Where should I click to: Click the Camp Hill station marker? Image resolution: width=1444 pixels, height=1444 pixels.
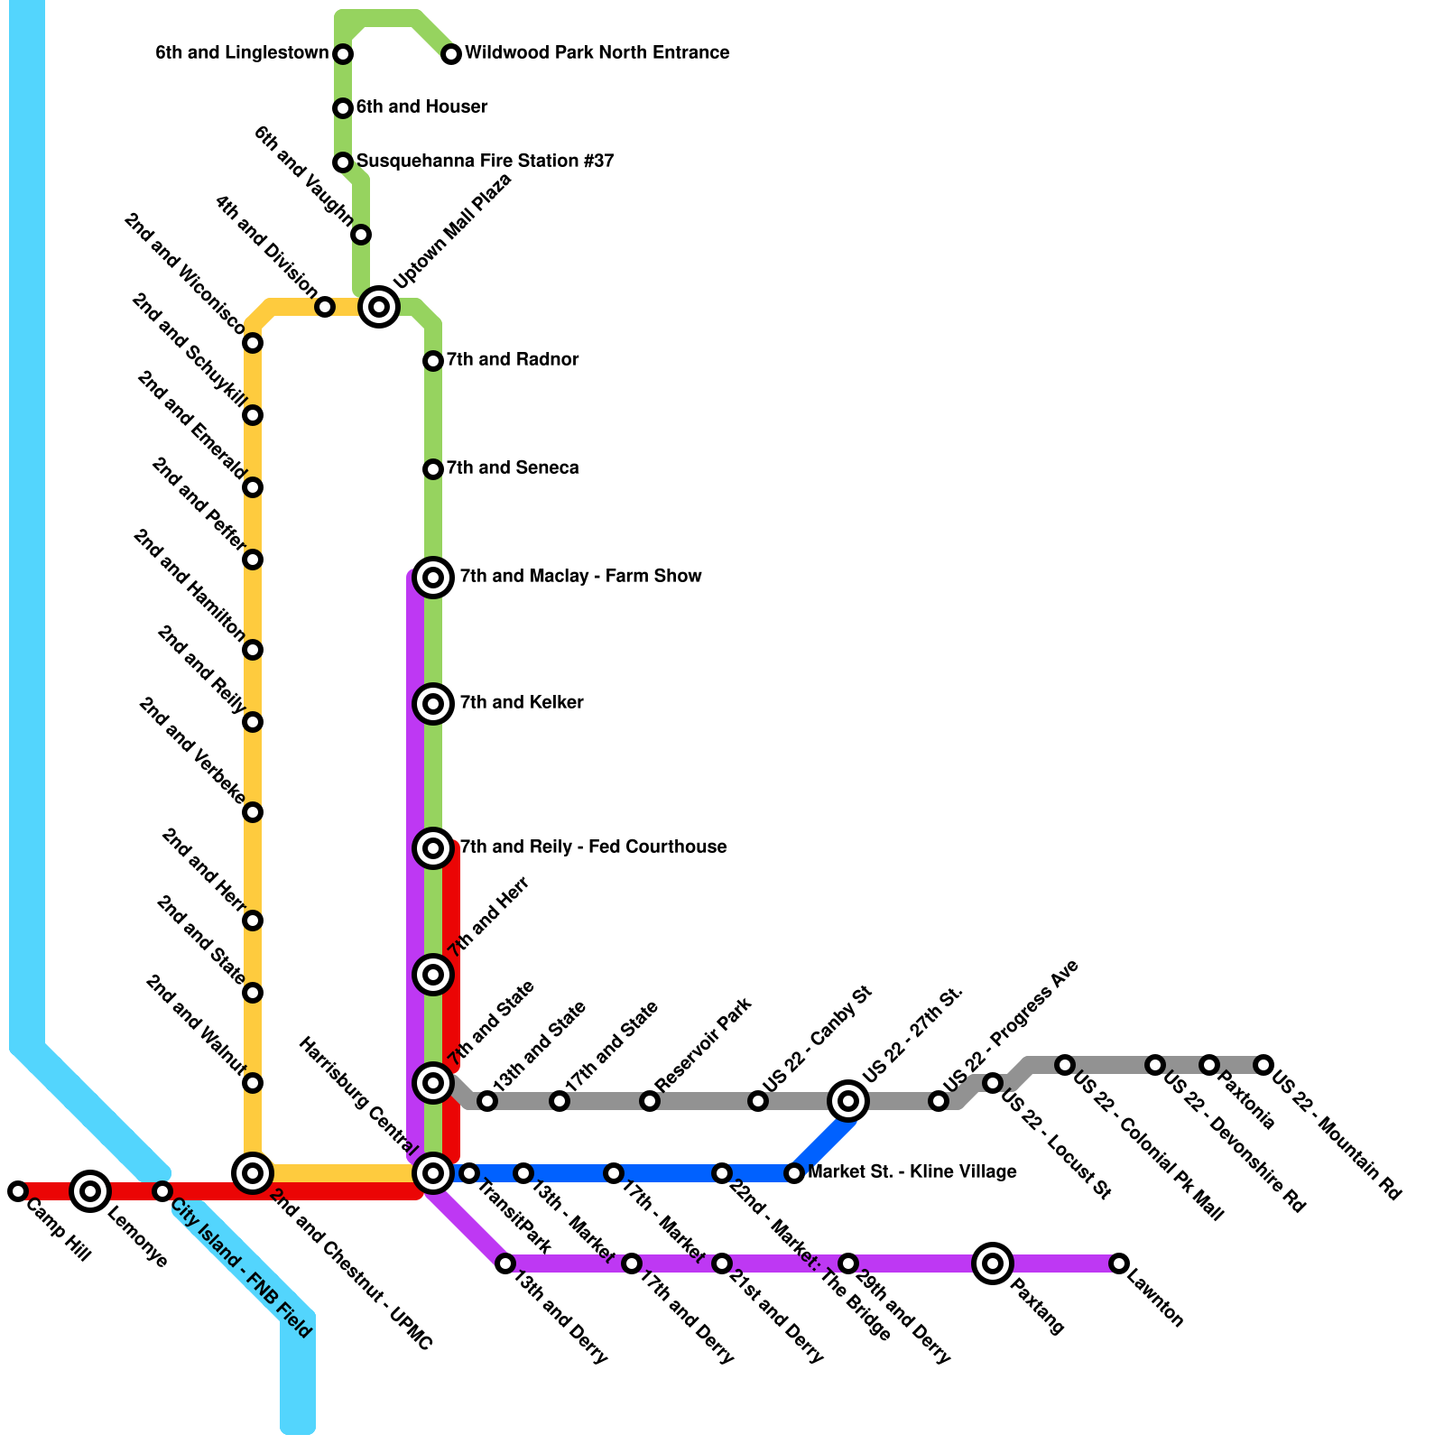tap(18, 1191)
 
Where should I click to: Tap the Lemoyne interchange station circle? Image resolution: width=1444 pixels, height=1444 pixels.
tap(90, 1191)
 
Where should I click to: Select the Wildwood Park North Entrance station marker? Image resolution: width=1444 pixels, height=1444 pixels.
tap(451, 54)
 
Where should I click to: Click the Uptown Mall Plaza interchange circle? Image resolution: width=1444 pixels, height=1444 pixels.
tap(379, 307)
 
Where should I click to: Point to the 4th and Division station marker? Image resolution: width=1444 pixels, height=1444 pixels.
tap(325, 307)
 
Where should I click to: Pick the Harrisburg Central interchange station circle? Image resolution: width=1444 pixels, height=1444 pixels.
tap(433, 1173)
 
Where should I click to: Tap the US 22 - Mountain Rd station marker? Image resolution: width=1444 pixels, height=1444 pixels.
tap(1263, 1065)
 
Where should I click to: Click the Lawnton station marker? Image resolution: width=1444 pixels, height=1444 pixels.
tap(1119, 1263)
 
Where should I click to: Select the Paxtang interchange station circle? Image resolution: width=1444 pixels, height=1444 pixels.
tap(993, 1263)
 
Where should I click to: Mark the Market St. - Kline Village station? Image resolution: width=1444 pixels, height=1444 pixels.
tap(794, 1173)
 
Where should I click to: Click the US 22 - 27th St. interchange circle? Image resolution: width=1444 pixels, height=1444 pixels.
tap(848, 1100)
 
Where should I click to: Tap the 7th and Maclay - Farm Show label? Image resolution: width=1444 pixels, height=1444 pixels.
tap(580, 576)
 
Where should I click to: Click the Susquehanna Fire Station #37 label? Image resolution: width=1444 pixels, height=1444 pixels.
tap(485, 161)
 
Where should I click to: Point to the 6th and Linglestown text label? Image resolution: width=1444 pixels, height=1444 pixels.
tap(242, 53)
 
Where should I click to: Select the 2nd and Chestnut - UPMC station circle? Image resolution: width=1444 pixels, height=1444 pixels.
tap(253, 1173)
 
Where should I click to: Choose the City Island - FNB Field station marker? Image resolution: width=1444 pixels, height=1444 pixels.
tap(162, 1191)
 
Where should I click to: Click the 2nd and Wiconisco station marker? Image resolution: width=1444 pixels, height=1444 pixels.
tap(253, 343)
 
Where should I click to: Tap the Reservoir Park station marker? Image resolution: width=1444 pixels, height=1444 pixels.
tap(650, 1101)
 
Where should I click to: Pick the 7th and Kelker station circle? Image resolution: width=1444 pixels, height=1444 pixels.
tap(433, 704)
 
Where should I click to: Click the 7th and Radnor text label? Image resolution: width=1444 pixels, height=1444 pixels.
tap(512, 359)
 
